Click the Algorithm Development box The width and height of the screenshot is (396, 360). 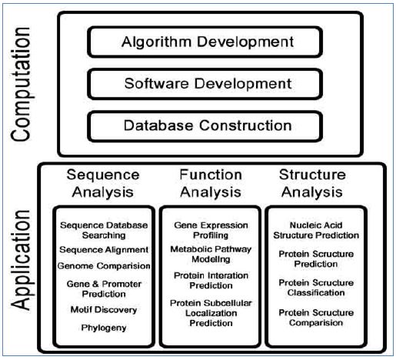pos(205,42)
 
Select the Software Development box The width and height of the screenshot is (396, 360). pos(205,84)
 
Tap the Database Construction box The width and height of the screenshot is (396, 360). pos(205,126)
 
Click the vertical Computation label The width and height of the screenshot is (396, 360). pos(21,84)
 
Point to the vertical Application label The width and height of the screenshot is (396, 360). pos(21,260)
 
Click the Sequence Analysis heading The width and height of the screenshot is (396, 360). pos(103,183)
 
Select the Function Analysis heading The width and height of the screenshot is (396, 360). pos(211,183)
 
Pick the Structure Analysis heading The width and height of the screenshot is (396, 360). pos(312,183)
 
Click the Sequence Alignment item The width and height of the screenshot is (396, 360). pos(104,250)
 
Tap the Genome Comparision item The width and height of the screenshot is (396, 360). pos(104,266)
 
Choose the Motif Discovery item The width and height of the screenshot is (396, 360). pos(104,310)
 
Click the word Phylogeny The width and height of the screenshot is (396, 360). pos(104,328)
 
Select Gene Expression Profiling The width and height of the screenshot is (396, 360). pos(211,230)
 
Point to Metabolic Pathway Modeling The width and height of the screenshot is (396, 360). pos(211,254)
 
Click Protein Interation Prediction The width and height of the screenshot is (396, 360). pos(211,281)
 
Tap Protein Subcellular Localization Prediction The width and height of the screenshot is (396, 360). pos(211,313)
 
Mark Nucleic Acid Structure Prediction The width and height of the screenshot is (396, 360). pos(316,230)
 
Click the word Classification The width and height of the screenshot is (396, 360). pos(316,292)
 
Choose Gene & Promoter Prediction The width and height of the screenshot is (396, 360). pos(104,289)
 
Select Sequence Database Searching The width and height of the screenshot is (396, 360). pos(104,230)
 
